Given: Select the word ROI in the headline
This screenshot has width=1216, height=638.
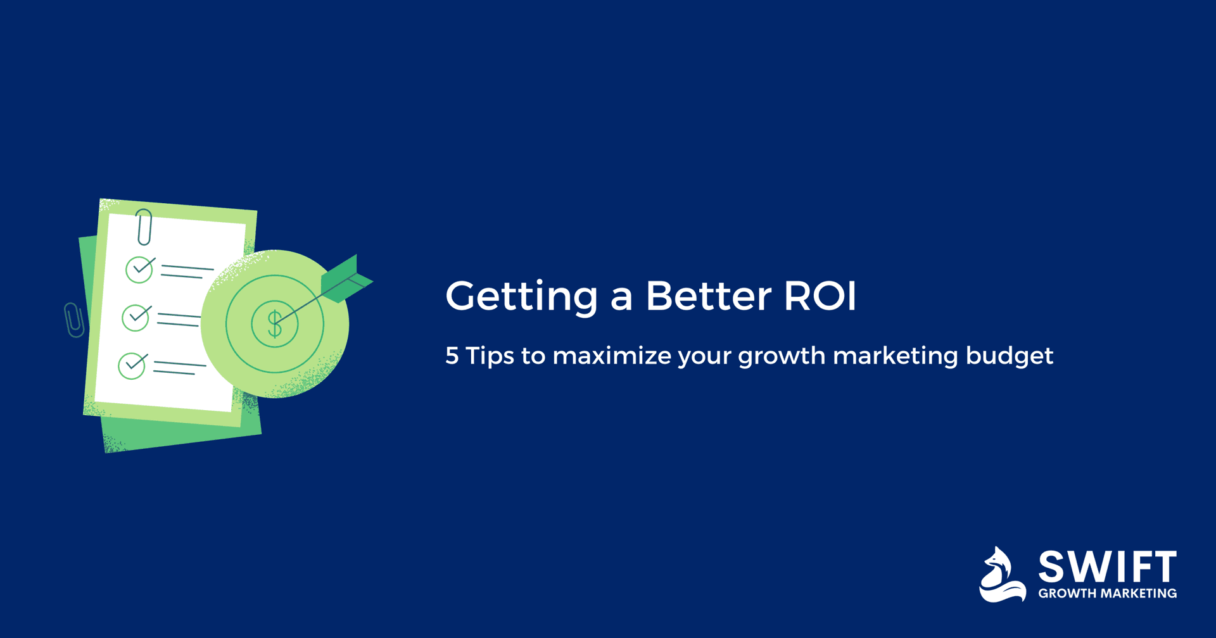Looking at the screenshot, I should click(820, 296).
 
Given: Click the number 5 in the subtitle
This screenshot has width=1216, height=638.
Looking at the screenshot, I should click(452, 356).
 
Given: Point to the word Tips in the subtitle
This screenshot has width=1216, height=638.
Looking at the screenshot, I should click(490, 356).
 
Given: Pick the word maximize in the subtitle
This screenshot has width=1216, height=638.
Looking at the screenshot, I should click(611, 356).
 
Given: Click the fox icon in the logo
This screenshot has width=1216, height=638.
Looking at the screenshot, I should click(1002, 575).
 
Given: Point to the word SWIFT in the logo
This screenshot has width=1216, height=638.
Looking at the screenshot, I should click(1107, 567).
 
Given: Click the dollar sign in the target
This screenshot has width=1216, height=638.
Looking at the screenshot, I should click(275, 323).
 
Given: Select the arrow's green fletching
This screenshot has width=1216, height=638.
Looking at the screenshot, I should click(345, 279).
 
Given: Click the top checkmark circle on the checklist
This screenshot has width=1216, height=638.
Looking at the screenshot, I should click(139, 270).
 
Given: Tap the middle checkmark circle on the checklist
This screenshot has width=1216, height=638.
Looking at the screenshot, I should click(136, 318).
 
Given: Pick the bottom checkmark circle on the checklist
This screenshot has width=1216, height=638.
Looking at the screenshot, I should click(132, 366).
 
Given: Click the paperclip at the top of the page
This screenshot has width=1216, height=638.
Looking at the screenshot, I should click(144, 227).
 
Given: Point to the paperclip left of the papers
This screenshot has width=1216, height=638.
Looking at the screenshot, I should click(74, 320).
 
